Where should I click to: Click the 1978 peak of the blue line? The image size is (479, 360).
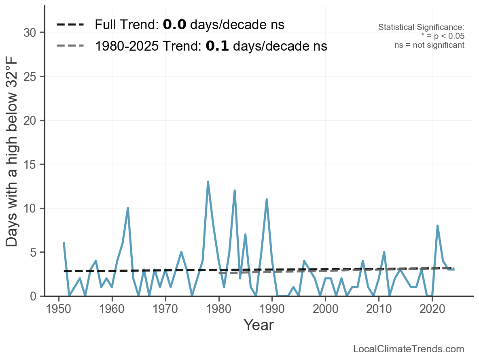208,182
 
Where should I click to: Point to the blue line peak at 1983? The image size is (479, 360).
235,190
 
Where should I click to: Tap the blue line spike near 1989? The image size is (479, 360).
267,199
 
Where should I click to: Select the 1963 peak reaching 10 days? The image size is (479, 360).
128,208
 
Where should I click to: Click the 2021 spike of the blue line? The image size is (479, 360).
438,226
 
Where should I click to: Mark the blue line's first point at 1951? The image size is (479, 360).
64,243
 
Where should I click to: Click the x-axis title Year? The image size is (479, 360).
259,325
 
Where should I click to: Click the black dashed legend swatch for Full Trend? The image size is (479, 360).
70,25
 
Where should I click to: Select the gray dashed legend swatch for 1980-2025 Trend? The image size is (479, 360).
70,46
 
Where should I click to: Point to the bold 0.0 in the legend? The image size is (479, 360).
174,25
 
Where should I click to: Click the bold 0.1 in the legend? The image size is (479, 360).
217,46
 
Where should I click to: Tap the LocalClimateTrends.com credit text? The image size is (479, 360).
409,349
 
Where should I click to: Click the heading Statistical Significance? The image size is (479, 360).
421,27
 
